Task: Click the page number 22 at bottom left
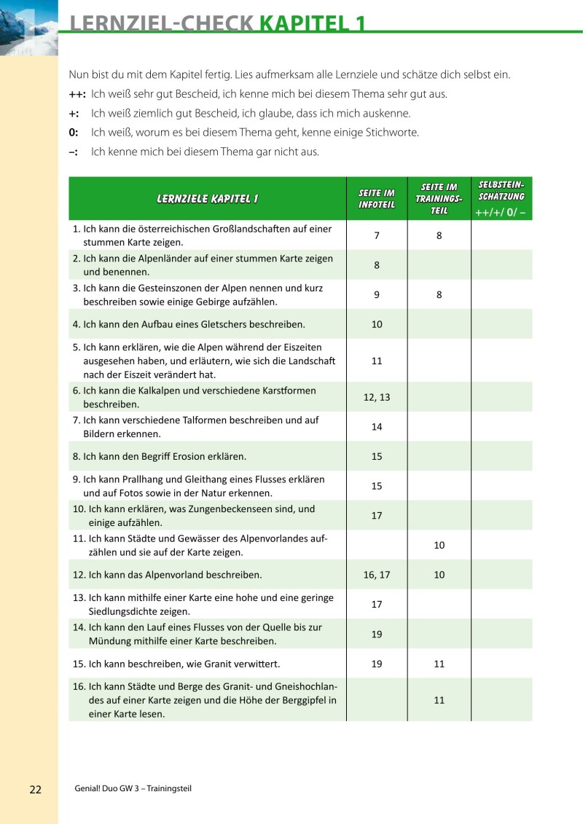click(36, 790)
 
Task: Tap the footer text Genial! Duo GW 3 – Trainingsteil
click(133, 789)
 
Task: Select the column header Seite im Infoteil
click(377, 198)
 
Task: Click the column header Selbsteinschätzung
click(501, 192)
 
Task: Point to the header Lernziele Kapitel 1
click(207, 198)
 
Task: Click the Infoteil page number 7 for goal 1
click(377, 235)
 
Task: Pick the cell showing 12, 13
click(377, 397)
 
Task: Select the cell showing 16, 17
click(377, 575)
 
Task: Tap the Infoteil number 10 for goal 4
click(377, 324)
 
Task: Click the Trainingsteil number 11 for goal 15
click(439, 664)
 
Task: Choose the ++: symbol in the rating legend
click(77, 95)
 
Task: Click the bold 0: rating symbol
click(74, 133)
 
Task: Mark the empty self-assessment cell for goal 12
click(501, 575)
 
